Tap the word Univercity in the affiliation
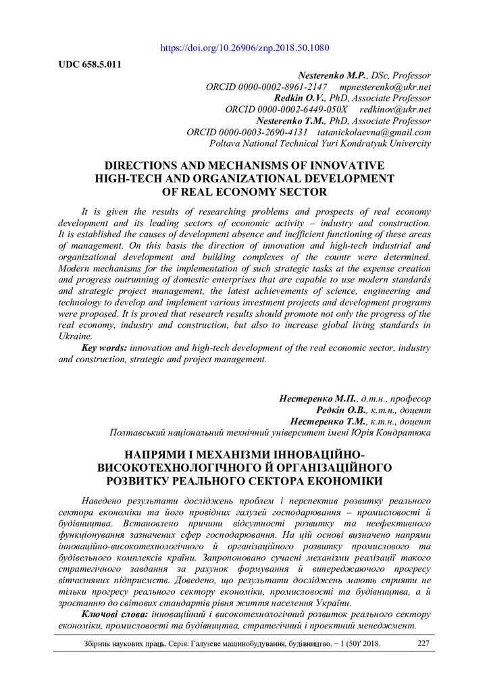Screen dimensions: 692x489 coord(406,143)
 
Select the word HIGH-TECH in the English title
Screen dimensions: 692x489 coord(128,178)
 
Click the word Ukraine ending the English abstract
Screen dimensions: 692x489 coord(74,336)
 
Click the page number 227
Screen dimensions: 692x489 coord(423,643)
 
